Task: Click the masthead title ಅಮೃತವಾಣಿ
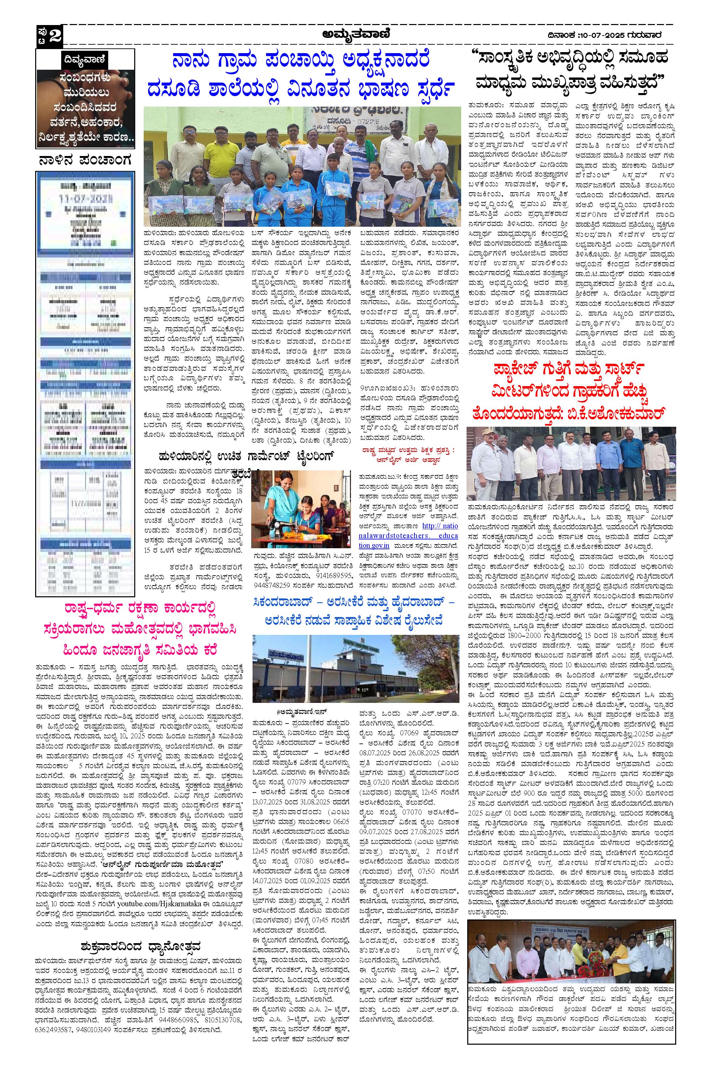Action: (x=361, y=34)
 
